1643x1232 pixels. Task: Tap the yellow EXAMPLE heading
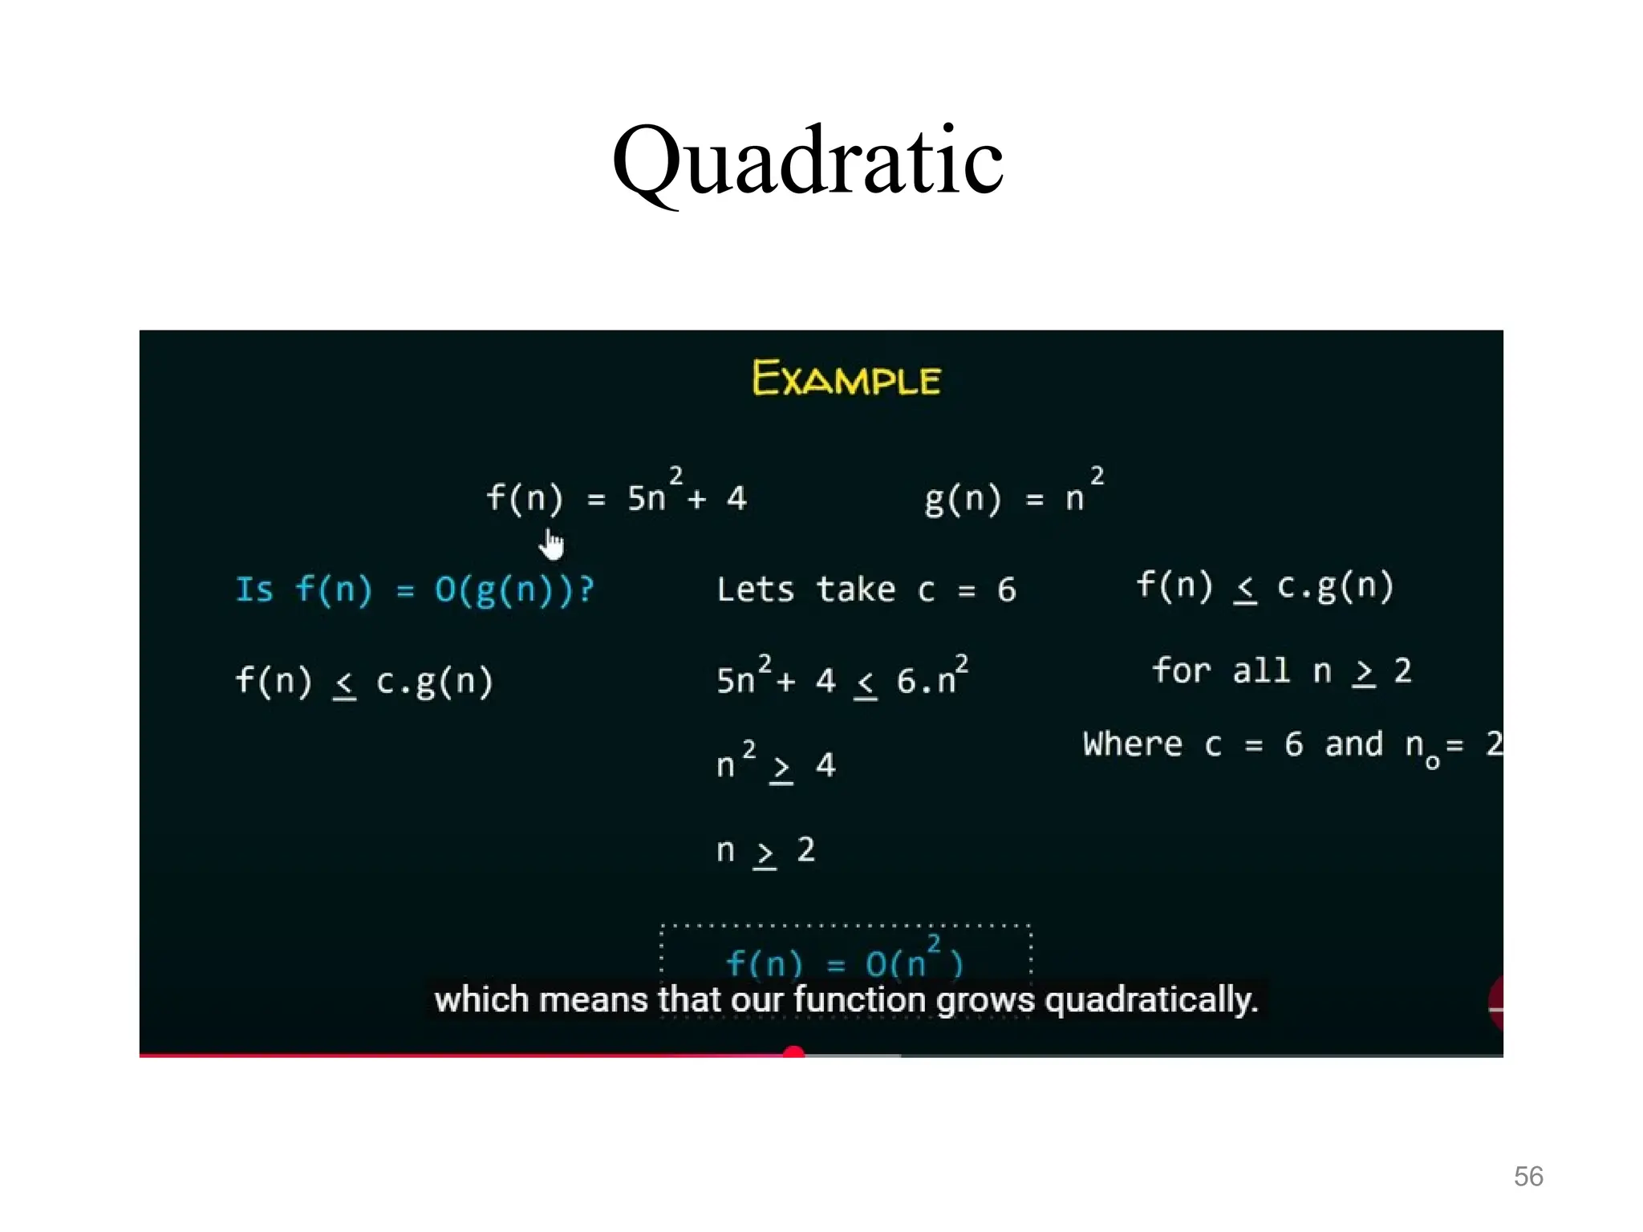[846, 379]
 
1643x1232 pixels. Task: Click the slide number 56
[1527, 1177]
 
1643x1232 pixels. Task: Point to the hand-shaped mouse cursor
[551, 545]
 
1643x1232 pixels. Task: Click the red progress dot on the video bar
[793, 1053]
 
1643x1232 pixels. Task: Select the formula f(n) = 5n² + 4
[616, 496]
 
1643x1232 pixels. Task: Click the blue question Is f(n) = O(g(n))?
[415, 590]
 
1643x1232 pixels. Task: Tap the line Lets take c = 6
[866, 590]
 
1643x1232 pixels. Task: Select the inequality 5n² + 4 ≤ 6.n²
[842, 679]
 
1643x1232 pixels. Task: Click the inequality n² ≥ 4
[776, 764]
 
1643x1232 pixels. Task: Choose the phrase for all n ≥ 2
[1281, 671]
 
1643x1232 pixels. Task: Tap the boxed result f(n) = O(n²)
[844, 961]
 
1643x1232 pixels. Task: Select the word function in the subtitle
[860, 1000]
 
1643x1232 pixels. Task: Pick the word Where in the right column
[1132, 744]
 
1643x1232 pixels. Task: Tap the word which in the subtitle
[481, 1000]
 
